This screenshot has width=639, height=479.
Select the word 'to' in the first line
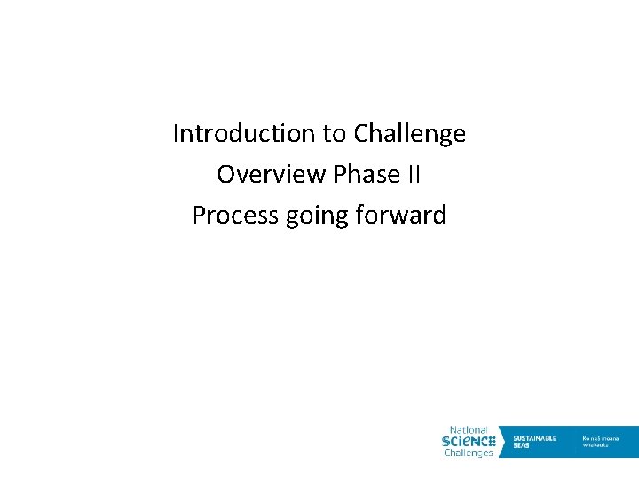pos(335,134)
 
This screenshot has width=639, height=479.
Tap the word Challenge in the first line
pos(409,134)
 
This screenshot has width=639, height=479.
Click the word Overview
pos(272,175)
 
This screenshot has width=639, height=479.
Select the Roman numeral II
pos(414,175)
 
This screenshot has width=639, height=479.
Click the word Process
pos(235,216)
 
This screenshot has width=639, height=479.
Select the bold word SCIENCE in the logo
pos(468,441)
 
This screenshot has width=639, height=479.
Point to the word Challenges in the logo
pos(469,452)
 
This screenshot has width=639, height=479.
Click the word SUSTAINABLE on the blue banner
pos(535,437)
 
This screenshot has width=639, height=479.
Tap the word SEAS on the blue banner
pos(521,444)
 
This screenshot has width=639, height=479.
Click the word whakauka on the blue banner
pos(596,444)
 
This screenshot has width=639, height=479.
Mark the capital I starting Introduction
pos(176,134)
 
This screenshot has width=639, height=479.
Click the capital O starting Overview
pos(225,175)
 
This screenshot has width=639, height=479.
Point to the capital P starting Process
pos(198,216)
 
